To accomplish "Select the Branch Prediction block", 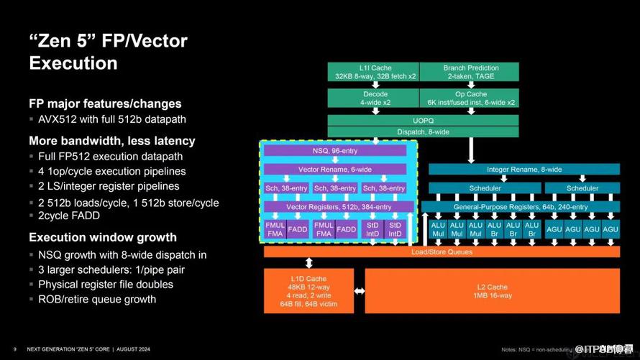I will (x=470, y=72).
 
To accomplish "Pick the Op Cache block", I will (x=470, y=98).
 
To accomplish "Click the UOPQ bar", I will (x=423, y=120).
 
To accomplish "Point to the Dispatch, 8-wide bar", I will (x=423, y=131).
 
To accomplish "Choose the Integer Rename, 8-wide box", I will (x=524, y=170).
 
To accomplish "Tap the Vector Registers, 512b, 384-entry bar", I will (x=335, y=207).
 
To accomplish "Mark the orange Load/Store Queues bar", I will (x=442, y=251).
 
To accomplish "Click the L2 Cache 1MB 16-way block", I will (x=493, y=291).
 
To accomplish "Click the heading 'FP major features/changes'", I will (x=105, y=103).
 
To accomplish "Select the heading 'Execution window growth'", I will (x=102, y=237).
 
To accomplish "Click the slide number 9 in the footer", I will (x=14, y=349).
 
